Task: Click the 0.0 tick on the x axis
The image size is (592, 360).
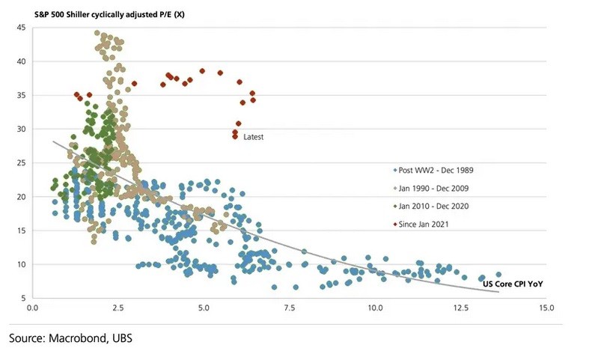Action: coord(32,308)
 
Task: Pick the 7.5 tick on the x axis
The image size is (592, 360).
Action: coord(289,308)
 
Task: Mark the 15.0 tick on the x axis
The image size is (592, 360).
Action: coord(546,308)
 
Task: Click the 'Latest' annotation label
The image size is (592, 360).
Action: coord(254,137)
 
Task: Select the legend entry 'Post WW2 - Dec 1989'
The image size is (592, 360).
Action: coord(434,168)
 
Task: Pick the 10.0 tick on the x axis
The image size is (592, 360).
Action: coord(375,308)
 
